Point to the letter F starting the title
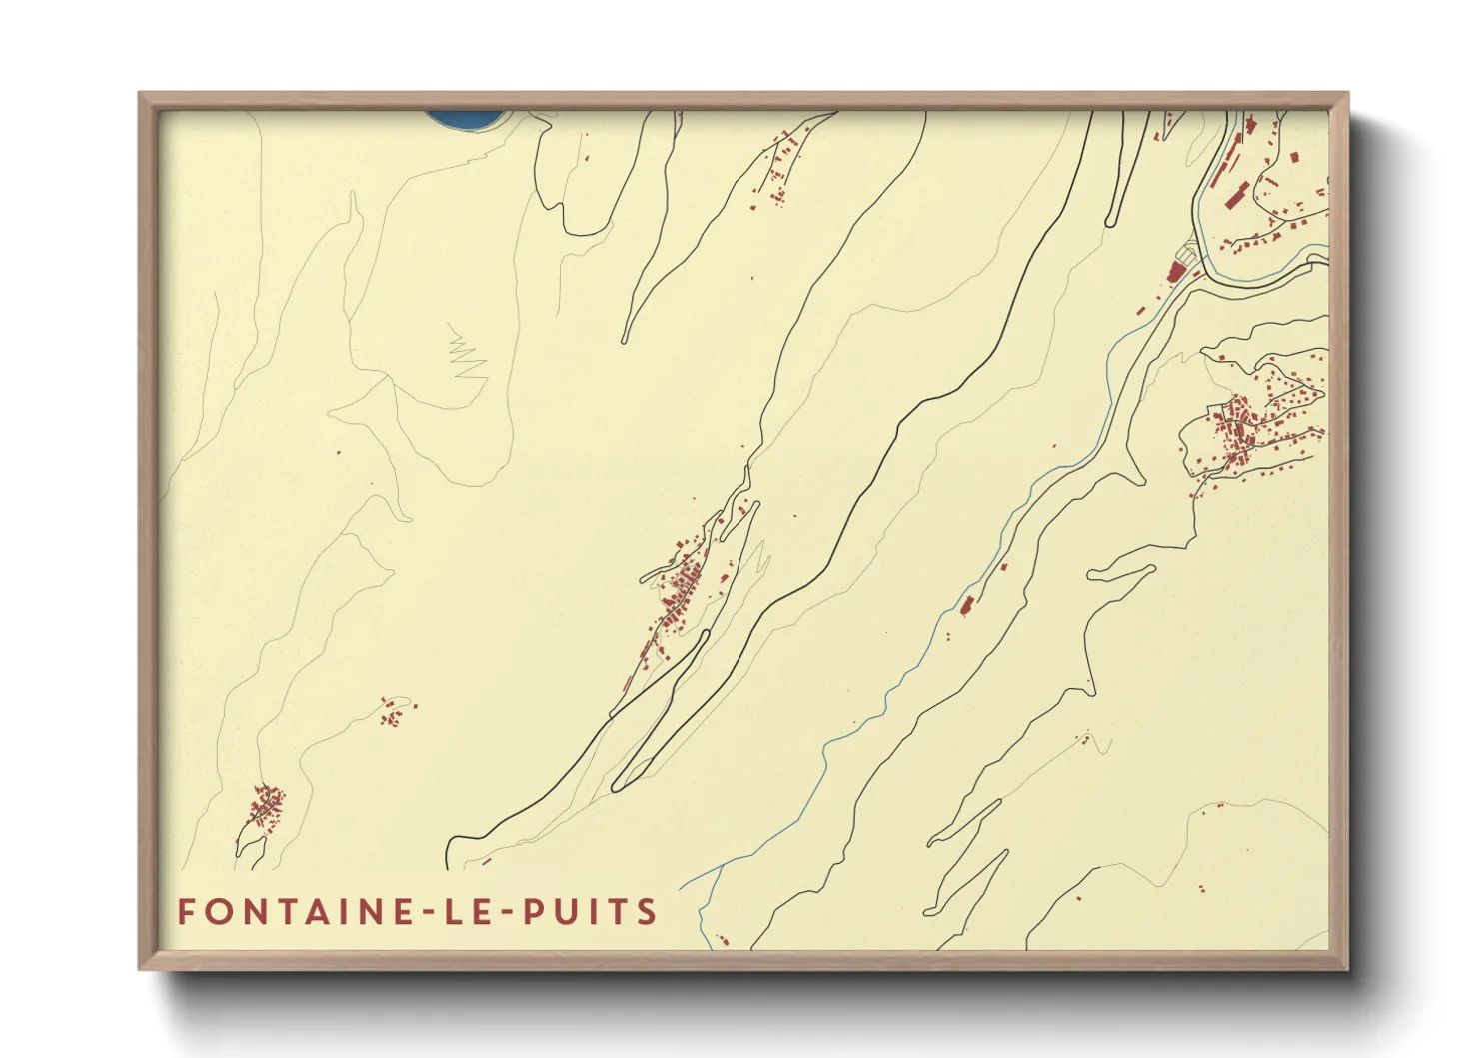coord(186,912)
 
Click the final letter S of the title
coord(648,912)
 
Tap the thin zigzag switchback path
coord(466,356)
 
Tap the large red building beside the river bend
coord(1177,271)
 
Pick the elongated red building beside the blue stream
coord(967,604)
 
